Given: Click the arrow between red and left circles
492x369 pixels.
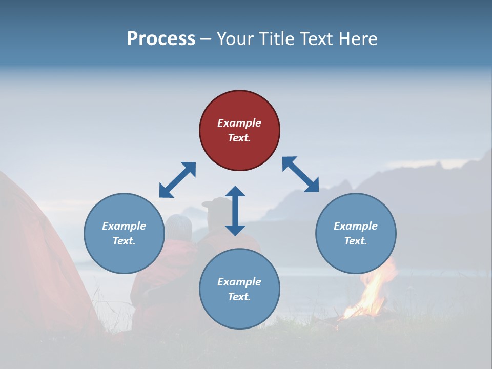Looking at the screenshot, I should [x=177, y=180].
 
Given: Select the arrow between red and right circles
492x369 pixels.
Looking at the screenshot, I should [x=301, y=174].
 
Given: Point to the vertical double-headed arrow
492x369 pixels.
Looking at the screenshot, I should [x=235, y=211].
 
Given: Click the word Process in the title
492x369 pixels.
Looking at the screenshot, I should [x=161, y=38].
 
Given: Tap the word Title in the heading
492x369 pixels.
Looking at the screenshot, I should [x=277, y=38].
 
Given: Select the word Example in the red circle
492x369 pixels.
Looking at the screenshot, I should [x=239, y=123].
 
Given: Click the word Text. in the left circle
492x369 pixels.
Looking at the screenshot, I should [x=124, y=241].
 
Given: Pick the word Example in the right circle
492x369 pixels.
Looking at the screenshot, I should [x=356, y=226].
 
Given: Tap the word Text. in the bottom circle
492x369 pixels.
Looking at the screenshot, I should [x=239, y=297].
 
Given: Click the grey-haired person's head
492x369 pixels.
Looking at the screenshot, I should [x=178, y=225].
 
